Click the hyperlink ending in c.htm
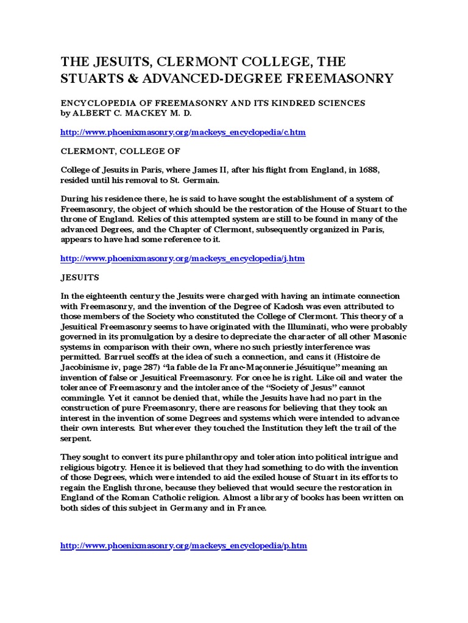(183, 132)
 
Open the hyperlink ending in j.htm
(182, 259)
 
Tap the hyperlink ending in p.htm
(183, 546)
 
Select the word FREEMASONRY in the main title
(346, 78)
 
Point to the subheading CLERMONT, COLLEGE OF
(120, 150)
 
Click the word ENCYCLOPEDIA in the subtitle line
(99, 103)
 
